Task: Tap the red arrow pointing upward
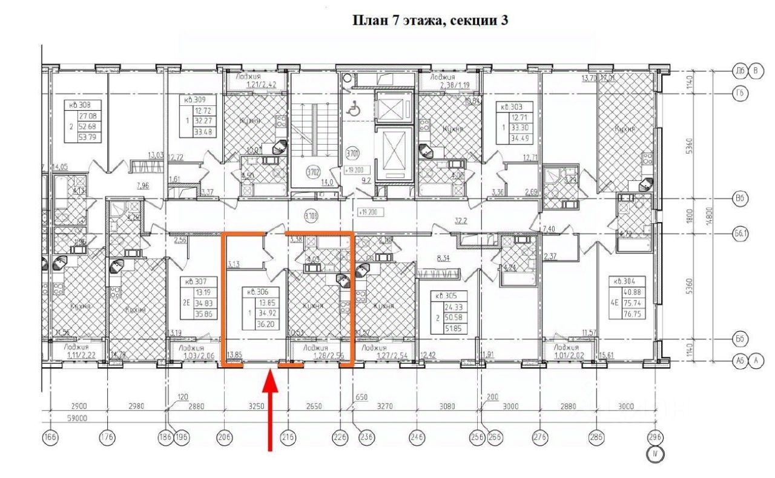point(271,411)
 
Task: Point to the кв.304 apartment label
point(627,281)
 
